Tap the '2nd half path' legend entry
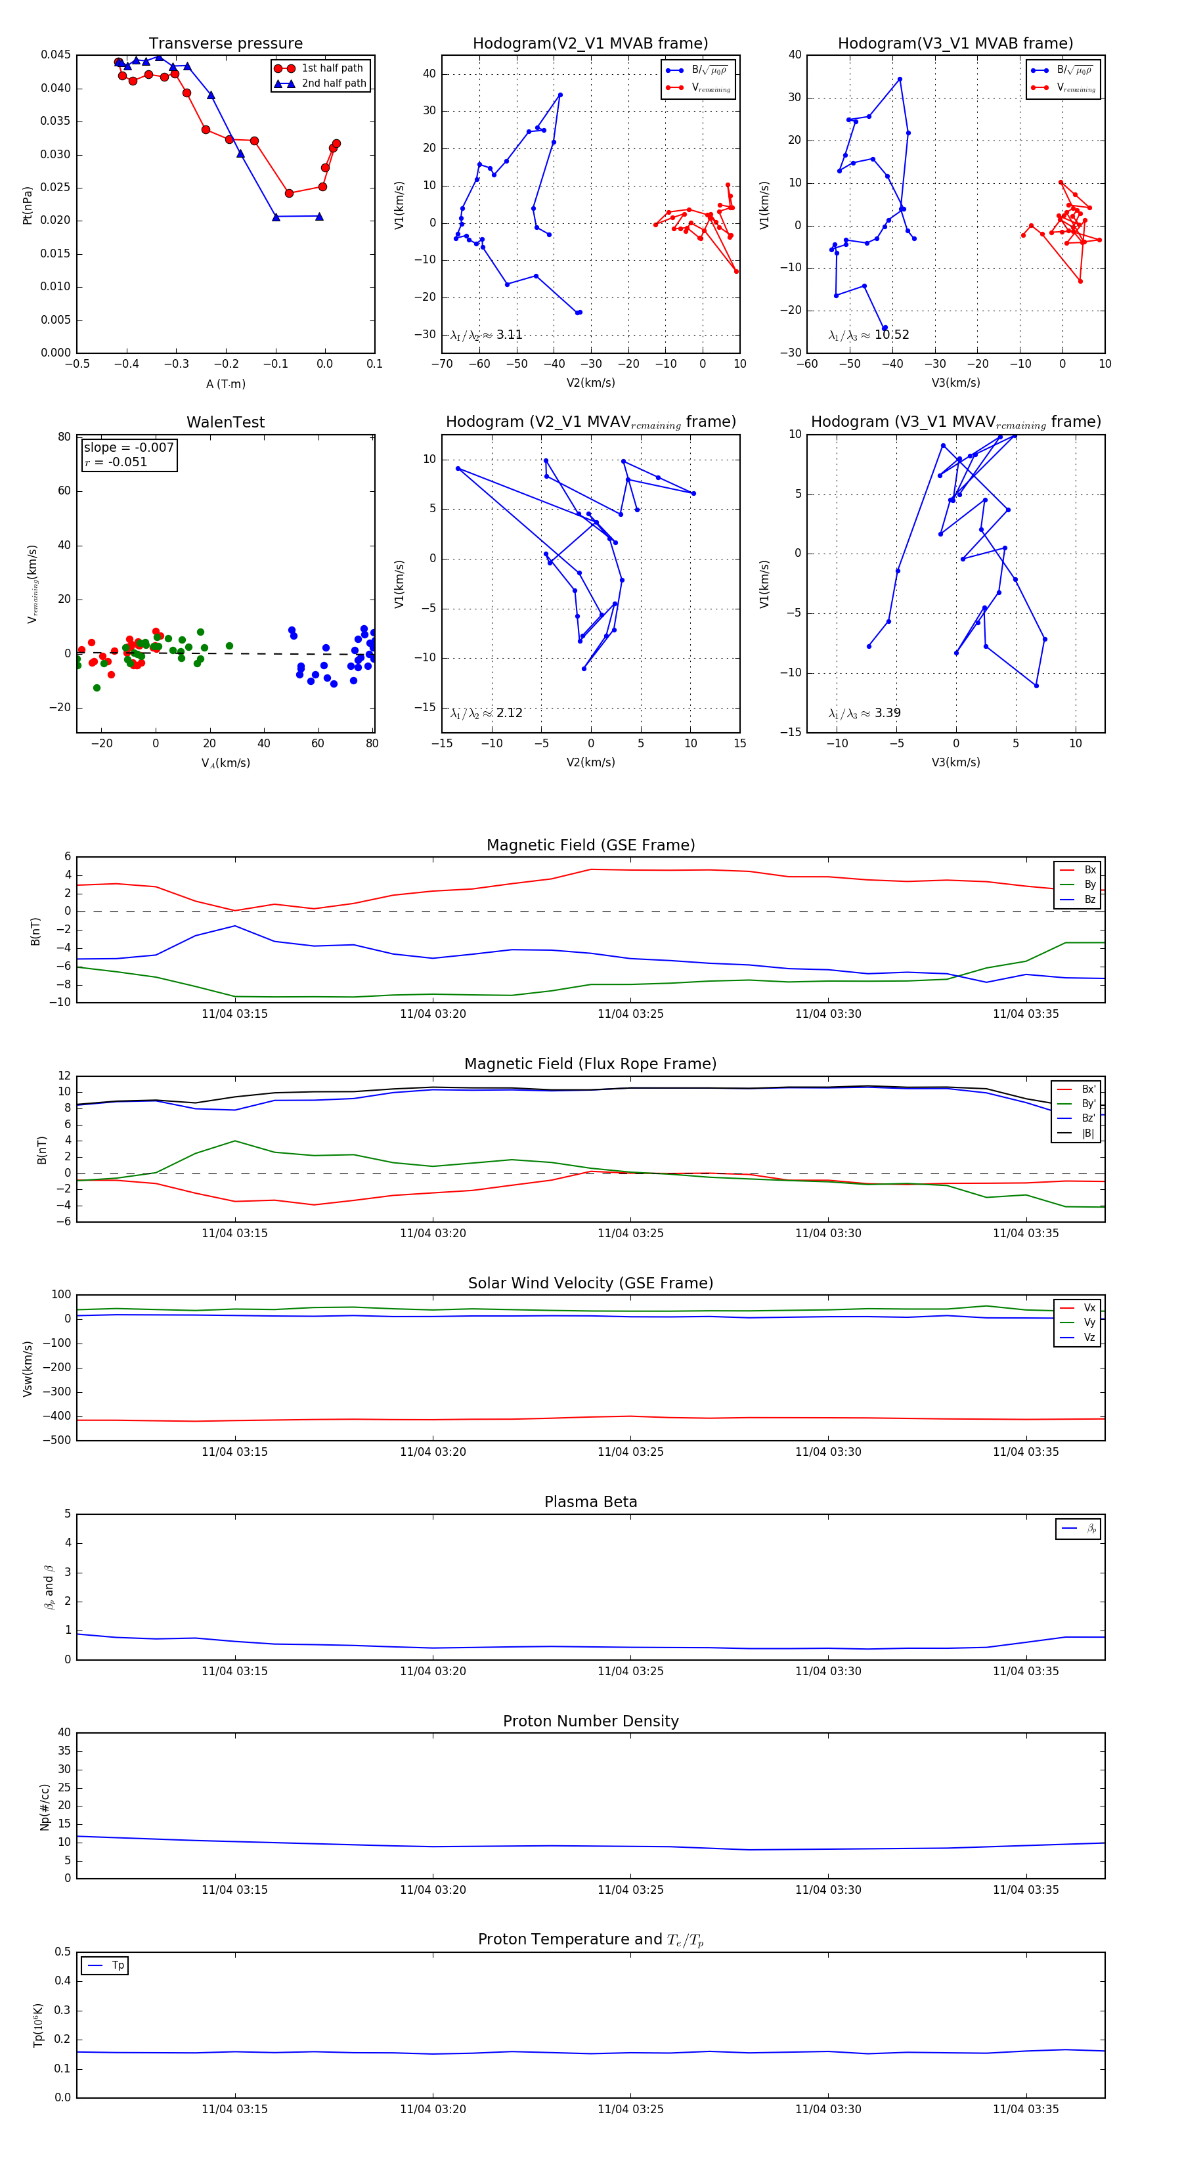point(333,83)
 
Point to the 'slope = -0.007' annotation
point(129,448)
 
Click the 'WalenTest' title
point(225,422)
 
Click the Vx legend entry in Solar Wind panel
point(1089,1308)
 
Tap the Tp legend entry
point(118,1966)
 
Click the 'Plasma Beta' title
point(590,1502)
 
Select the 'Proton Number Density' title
point(590,1721)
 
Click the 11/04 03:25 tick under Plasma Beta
point(630,1671)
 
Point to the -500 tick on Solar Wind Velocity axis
point(56,1440)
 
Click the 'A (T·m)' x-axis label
point(225,384)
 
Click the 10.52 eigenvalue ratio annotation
point(891,335)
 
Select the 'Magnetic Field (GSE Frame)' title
point(590,845)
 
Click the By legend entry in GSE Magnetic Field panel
point(1089,884)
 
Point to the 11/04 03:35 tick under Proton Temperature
point(1026,2109)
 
